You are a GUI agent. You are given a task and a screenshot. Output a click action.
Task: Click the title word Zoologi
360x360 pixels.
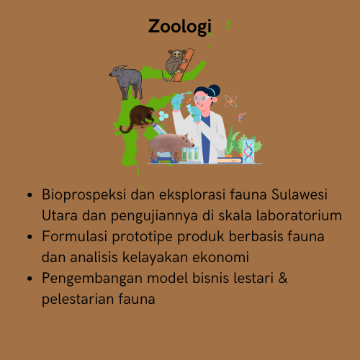pos(180,27)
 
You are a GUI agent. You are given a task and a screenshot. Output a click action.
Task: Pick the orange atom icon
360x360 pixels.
pos(231,102)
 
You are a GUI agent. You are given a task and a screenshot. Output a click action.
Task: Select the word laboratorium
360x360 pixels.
pos(293,215)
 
